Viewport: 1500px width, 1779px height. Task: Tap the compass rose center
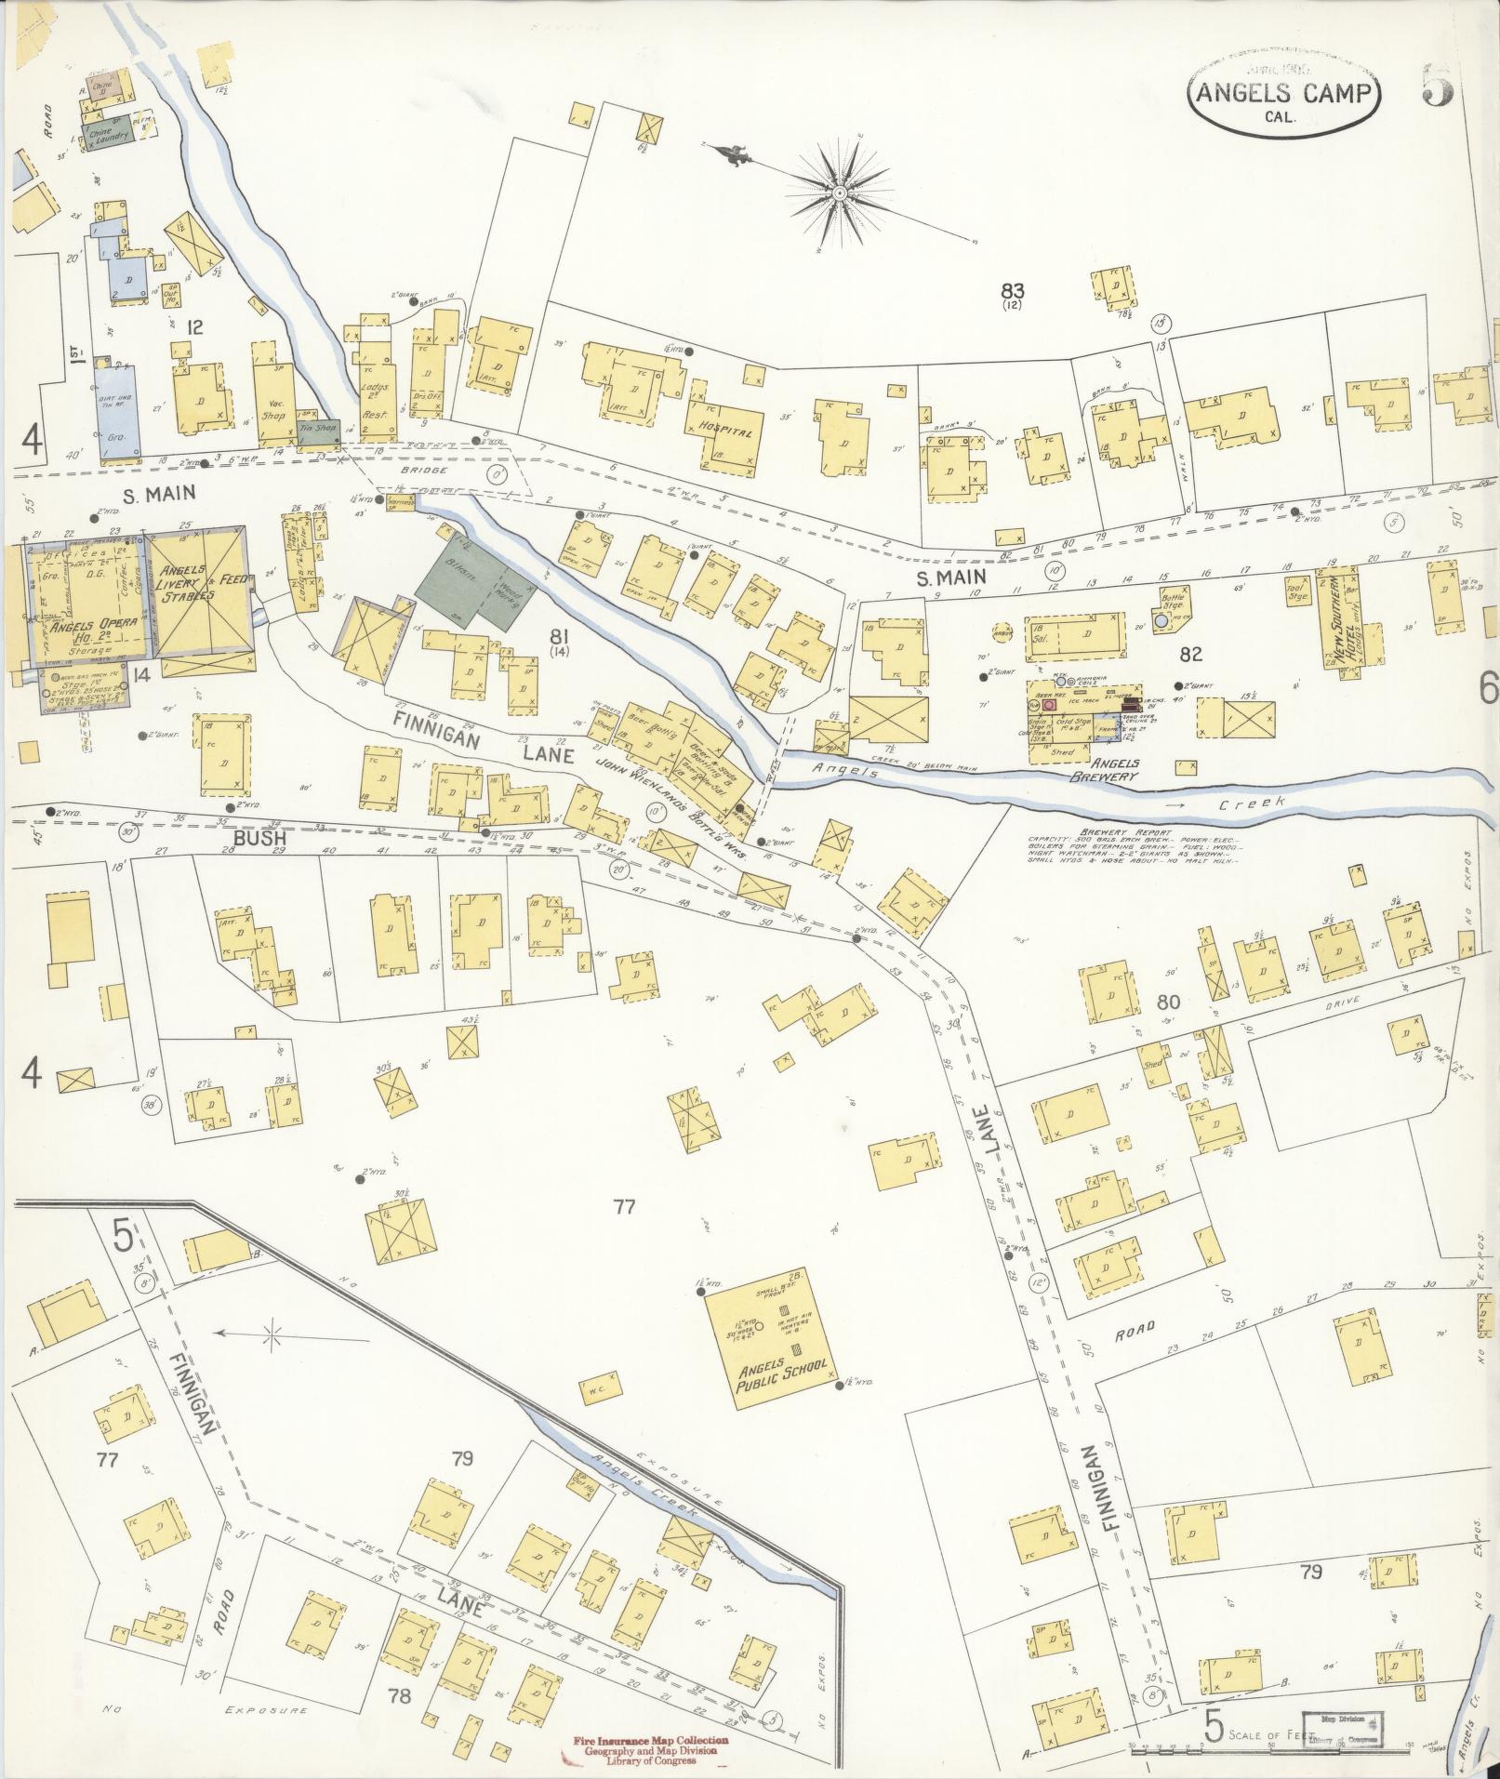[839, 193]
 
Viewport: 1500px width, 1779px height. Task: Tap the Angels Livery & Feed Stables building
[200, 594]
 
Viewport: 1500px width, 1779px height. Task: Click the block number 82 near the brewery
[1190, 655]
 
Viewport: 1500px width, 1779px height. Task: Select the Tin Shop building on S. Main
[318, 430]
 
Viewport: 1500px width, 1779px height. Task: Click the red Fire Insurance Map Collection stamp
[644, 1746]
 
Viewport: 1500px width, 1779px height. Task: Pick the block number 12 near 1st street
[194, 326]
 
